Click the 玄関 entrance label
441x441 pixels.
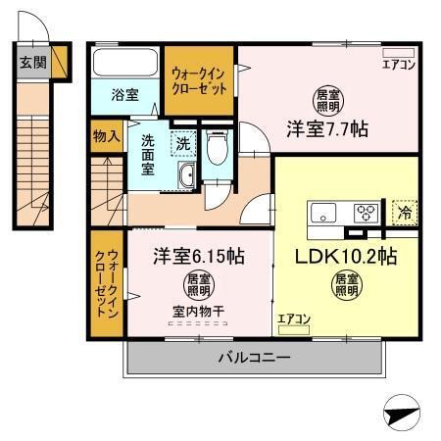32,62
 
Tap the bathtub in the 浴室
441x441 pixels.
125,64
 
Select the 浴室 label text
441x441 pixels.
124,95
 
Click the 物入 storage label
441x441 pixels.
106,136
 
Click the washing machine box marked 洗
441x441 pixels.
182,144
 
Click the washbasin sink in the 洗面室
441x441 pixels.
185,176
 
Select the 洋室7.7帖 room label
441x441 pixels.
326,127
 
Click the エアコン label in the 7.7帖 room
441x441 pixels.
399,65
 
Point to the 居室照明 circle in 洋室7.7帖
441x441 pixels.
327,100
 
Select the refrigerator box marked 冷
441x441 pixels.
403,211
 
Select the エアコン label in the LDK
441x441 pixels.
293,318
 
